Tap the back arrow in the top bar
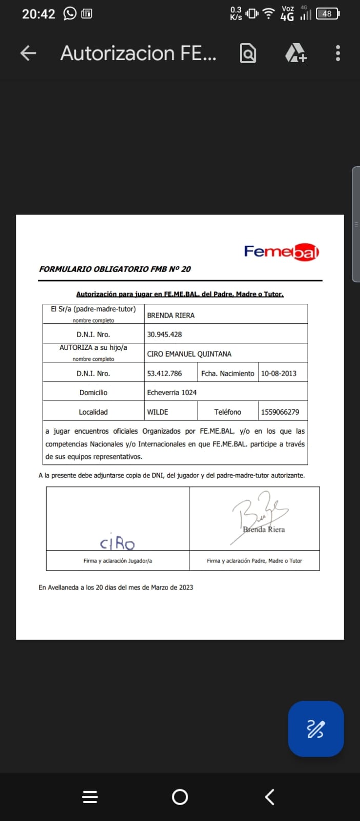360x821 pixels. point(28,53)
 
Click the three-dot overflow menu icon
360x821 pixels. point(337,53)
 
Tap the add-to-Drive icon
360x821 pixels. point(295,53)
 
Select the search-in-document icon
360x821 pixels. point(248,53)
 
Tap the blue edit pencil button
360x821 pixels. point(315,729)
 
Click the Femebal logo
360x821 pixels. point(282,251)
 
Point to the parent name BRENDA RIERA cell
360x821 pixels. point(171,316)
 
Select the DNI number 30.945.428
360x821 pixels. point(165,335)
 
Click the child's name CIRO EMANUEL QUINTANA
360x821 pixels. point(189,354)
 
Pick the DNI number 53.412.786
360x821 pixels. point(165,374)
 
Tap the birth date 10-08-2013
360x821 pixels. point(278,374)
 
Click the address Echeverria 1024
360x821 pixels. point(172,393)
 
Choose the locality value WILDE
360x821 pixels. point(158,412)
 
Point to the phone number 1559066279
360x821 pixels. point(280,412)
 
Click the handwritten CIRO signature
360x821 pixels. point(117,542)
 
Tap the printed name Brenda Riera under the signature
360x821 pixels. point(264,530)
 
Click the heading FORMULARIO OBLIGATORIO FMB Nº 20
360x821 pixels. point(115,269)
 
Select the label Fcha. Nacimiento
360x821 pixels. point(228,374)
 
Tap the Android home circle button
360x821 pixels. point(180,796)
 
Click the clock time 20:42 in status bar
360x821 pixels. point(38,14)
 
